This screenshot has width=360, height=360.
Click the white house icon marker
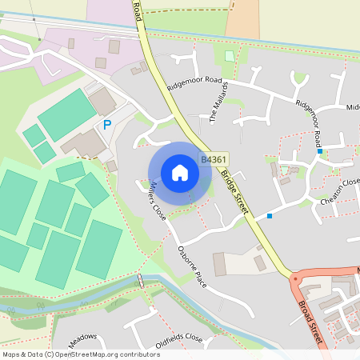[179, 173]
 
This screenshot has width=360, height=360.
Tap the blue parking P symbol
[107, 125]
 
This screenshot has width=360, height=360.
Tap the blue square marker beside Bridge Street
[270, 216]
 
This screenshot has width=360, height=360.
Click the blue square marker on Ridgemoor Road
[319, 150]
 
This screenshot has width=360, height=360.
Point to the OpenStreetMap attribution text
[82, 354]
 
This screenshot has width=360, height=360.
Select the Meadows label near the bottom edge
[82, 337]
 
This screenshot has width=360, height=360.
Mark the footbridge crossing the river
[141, 281]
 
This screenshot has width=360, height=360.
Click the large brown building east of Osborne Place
[219, 264]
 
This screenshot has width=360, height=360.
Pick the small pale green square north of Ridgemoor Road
[230, 56]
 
